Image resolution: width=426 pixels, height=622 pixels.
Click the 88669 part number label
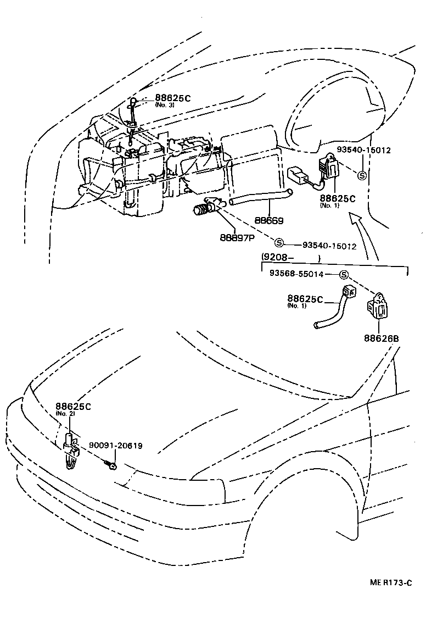(269, 221)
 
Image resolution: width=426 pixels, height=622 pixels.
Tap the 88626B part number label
(380, 338)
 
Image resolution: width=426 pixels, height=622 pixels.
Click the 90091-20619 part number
(116, 446)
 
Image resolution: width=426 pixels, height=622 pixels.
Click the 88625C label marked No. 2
(72, 407)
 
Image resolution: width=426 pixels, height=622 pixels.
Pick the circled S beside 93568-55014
(344, 274)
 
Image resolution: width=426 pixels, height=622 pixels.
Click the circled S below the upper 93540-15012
(362, 175)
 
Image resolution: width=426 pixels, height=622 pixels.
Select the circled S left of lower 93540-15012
(278, 243)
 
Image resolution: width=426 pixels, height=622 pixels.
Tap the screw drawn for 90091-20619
(111, 466)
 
